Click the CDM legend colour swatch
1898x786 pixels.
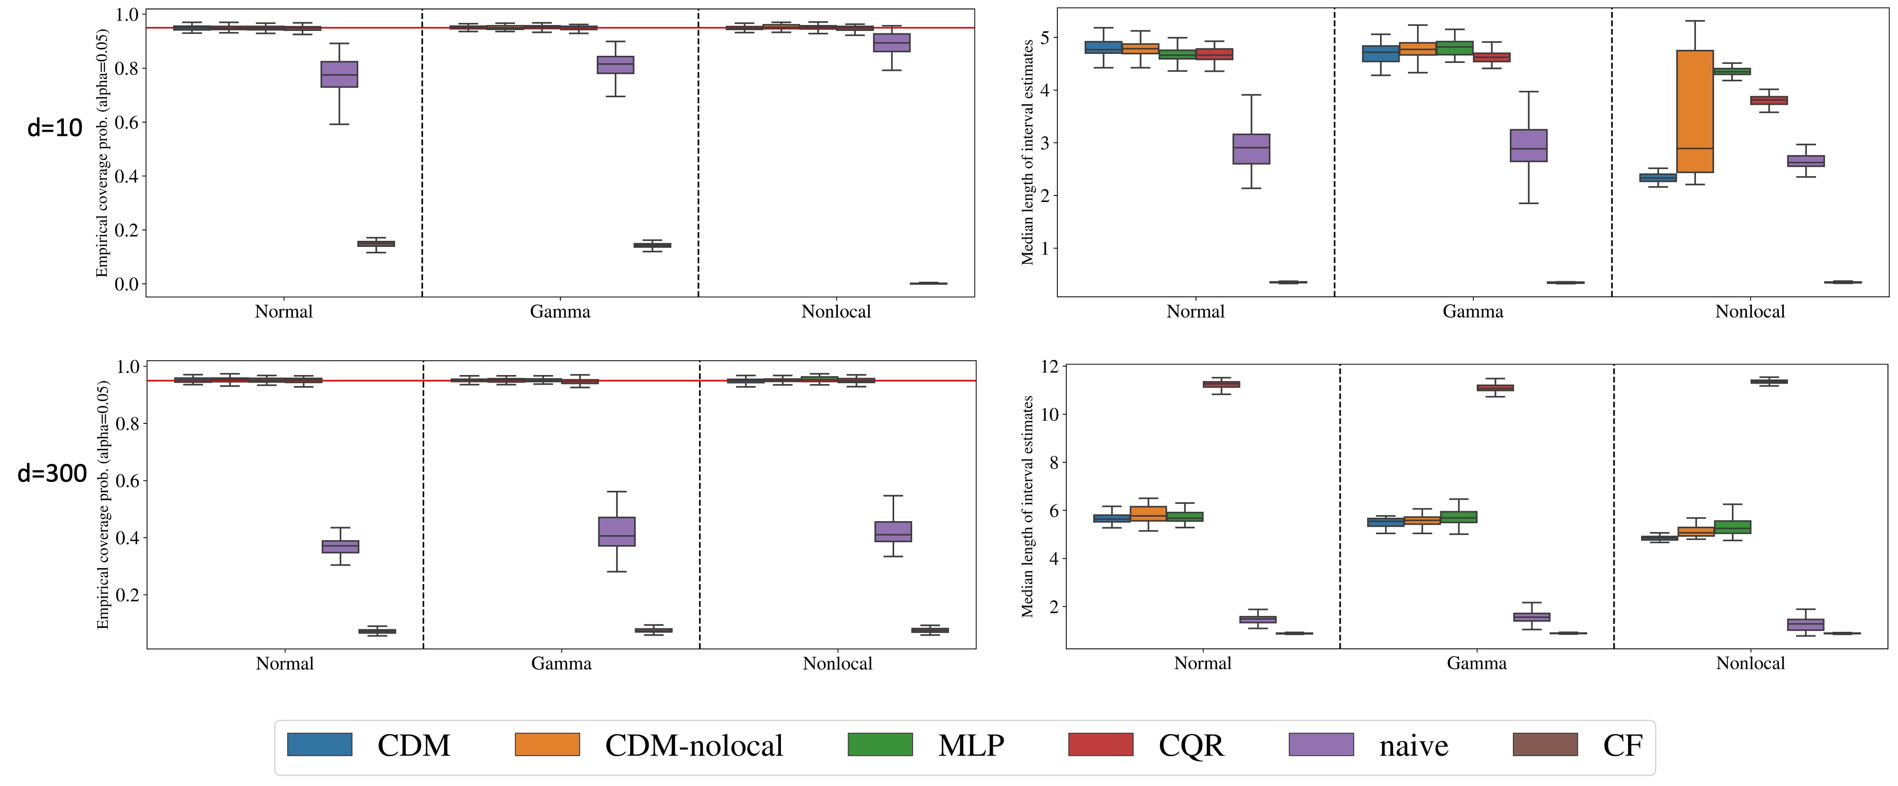[319, 745]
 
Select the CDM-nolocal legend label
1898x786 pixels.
[694, 746]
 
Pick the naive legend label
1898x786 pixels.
[1413, 746]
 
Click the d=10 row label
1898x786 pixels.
[54, 128]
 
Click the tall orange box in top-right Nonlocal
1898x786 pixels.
[1694, 111]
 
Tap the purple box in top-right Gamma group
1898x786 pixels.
[1528, 146]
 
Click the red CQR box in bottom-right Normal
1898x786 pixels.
[1221, 385]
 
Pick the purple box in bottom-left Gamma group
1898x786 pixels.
[617, 531]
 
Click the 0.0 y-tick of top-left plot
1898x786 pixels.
[126, 284]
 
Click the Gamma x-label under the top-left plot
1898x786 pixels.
[560, 312]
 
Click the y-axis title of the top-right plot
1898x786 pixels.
[1028, 153]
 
